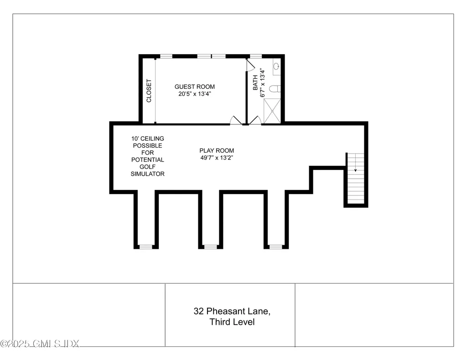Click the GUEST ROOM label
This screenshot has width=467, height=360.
tap(194, 87)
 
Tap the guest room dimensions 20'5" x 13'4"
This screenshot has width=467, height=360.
tap(194, 94)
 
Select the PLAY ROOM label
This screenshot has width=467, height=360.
tap(217, 150)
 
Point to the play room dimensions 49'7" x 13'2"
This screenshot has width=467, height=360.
tap(217, 158)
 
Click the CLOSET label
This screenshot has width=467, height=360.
tap(149, 91)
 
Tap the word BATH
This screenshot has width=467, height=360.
tap(255, 83)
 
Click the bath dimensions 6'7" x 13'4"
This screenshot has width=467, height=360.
tap(262, 83)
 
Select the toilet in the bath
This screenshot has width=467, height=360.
tap(275, 89)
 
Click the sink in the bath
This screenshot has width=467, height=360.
tap(276, 66)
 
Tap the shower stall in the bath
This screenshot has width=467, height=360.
tap(272, 111)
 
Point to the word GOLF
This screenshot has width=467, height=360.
tap(147, 167)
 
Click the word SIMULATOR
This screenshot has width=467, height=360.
tap(147, 174)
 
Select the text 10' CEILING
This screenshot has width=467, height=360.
tap(148, 139)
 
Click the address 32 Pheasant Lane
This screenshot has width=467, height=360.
tap(232, 311)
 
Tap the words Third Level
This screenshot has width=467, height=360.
tap(232, 322)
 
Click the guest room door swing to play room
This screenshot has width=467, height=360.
tap(236, 120)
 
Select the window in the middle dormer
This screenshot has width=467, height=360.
tap(211, 247)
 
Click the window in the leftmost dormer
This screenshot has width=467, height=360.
tap(146, 247)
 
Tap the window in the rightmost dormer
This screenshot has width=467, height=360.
tap(276, 247)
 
